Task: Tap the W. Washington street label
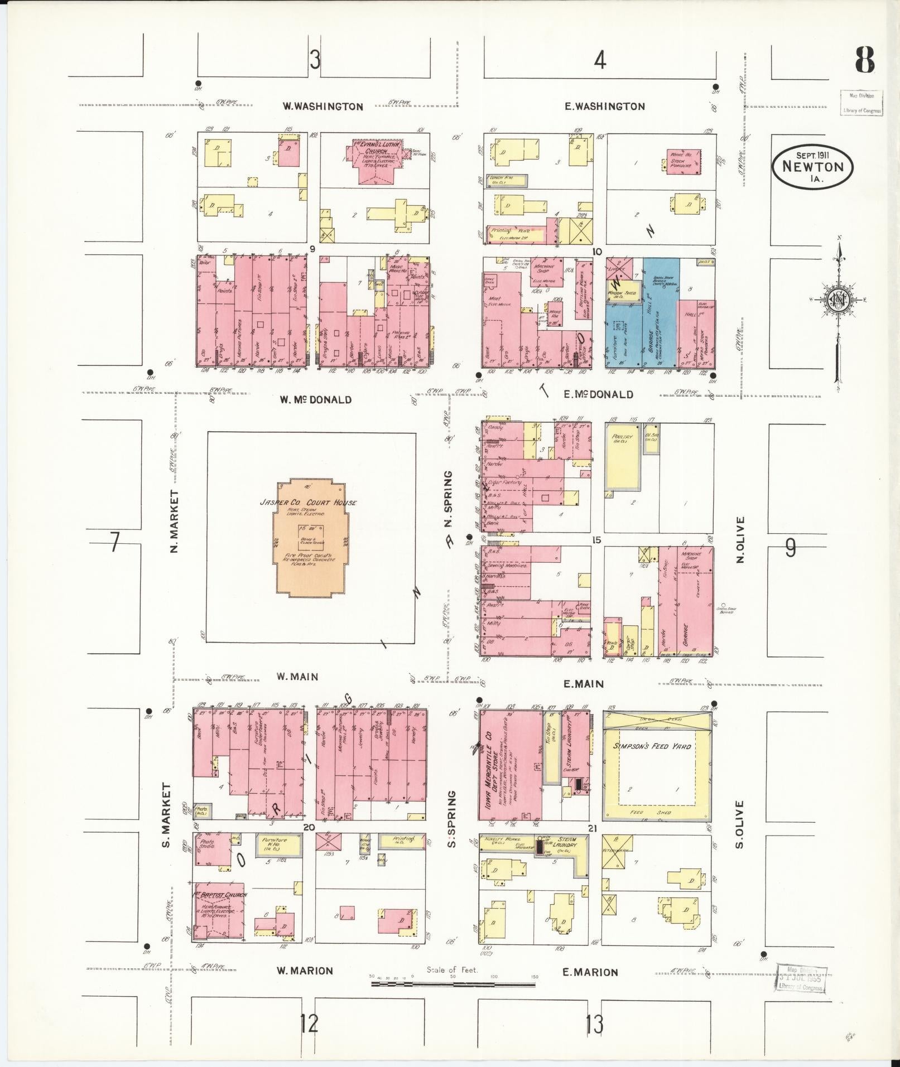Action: point(323,107)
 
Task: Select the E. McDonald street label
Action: point(598,394)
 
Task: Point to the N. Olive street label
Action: point(740,539)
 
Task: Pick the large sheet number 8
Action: point(864,60)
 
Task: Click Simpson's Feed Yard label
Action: point(652,746)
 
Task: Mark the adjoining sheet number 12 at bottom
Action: point(309,1024)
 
